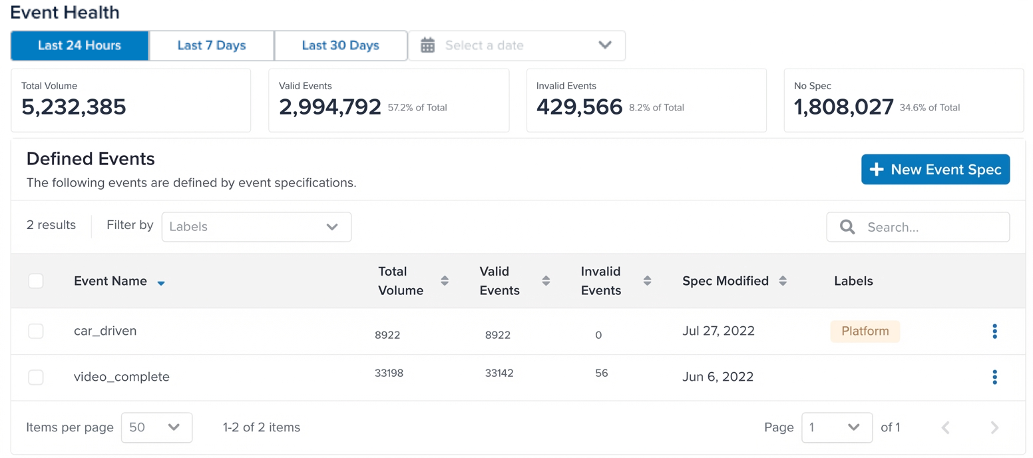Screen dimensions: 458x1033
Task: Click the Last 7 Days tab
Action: (x=212, y=45)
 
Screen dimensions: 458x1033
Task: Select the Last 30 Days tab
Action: (x=340, y=45)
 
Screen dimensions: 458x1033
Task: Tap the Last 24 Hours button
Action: (x=79, y=45)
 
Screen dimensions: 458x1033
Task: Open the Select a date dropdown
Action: (x=516, y=45)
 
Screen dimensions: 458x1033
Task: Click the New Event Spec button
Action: (x=935, y=170)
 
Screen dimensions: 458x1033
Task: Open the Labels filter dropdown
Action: (x=256, y=227)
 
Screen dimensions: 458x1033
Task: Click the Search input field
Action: (x=919, y=227)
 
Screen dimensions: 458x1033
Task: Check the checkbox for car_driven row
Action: (x=36, y=331)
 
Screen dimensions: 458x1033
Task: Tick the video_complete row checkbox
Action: (x=36, y=377)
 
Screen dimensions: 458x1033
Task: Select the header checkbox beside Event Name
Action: (x=36, y=281)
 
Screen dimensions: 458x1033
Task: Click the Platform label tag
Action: (x=865, y=331)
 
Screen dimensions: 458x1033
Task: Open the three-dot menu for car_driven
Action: (x=994, y=331)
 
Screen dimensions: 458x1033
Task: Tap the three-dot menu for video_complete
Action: (x=994, y=377)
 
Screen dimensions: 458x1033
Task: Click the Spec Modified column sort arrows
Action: (x=783, y=281)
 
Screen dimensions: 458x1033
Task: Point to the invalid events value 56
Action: (x=602, y=373)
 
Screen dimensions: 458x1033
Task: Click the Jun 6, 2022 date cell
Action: (x=718, y=377)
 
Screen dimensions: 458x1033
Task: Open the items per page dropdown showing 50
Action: (x=156, y=427)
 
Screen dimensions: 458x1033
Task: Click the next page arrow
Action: (x=994, y=427)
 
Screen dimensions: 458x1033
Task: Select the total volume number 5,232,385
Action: (x=74, y=107)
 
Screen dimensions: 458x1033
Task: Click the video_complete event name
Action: (x=121, y=377)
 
